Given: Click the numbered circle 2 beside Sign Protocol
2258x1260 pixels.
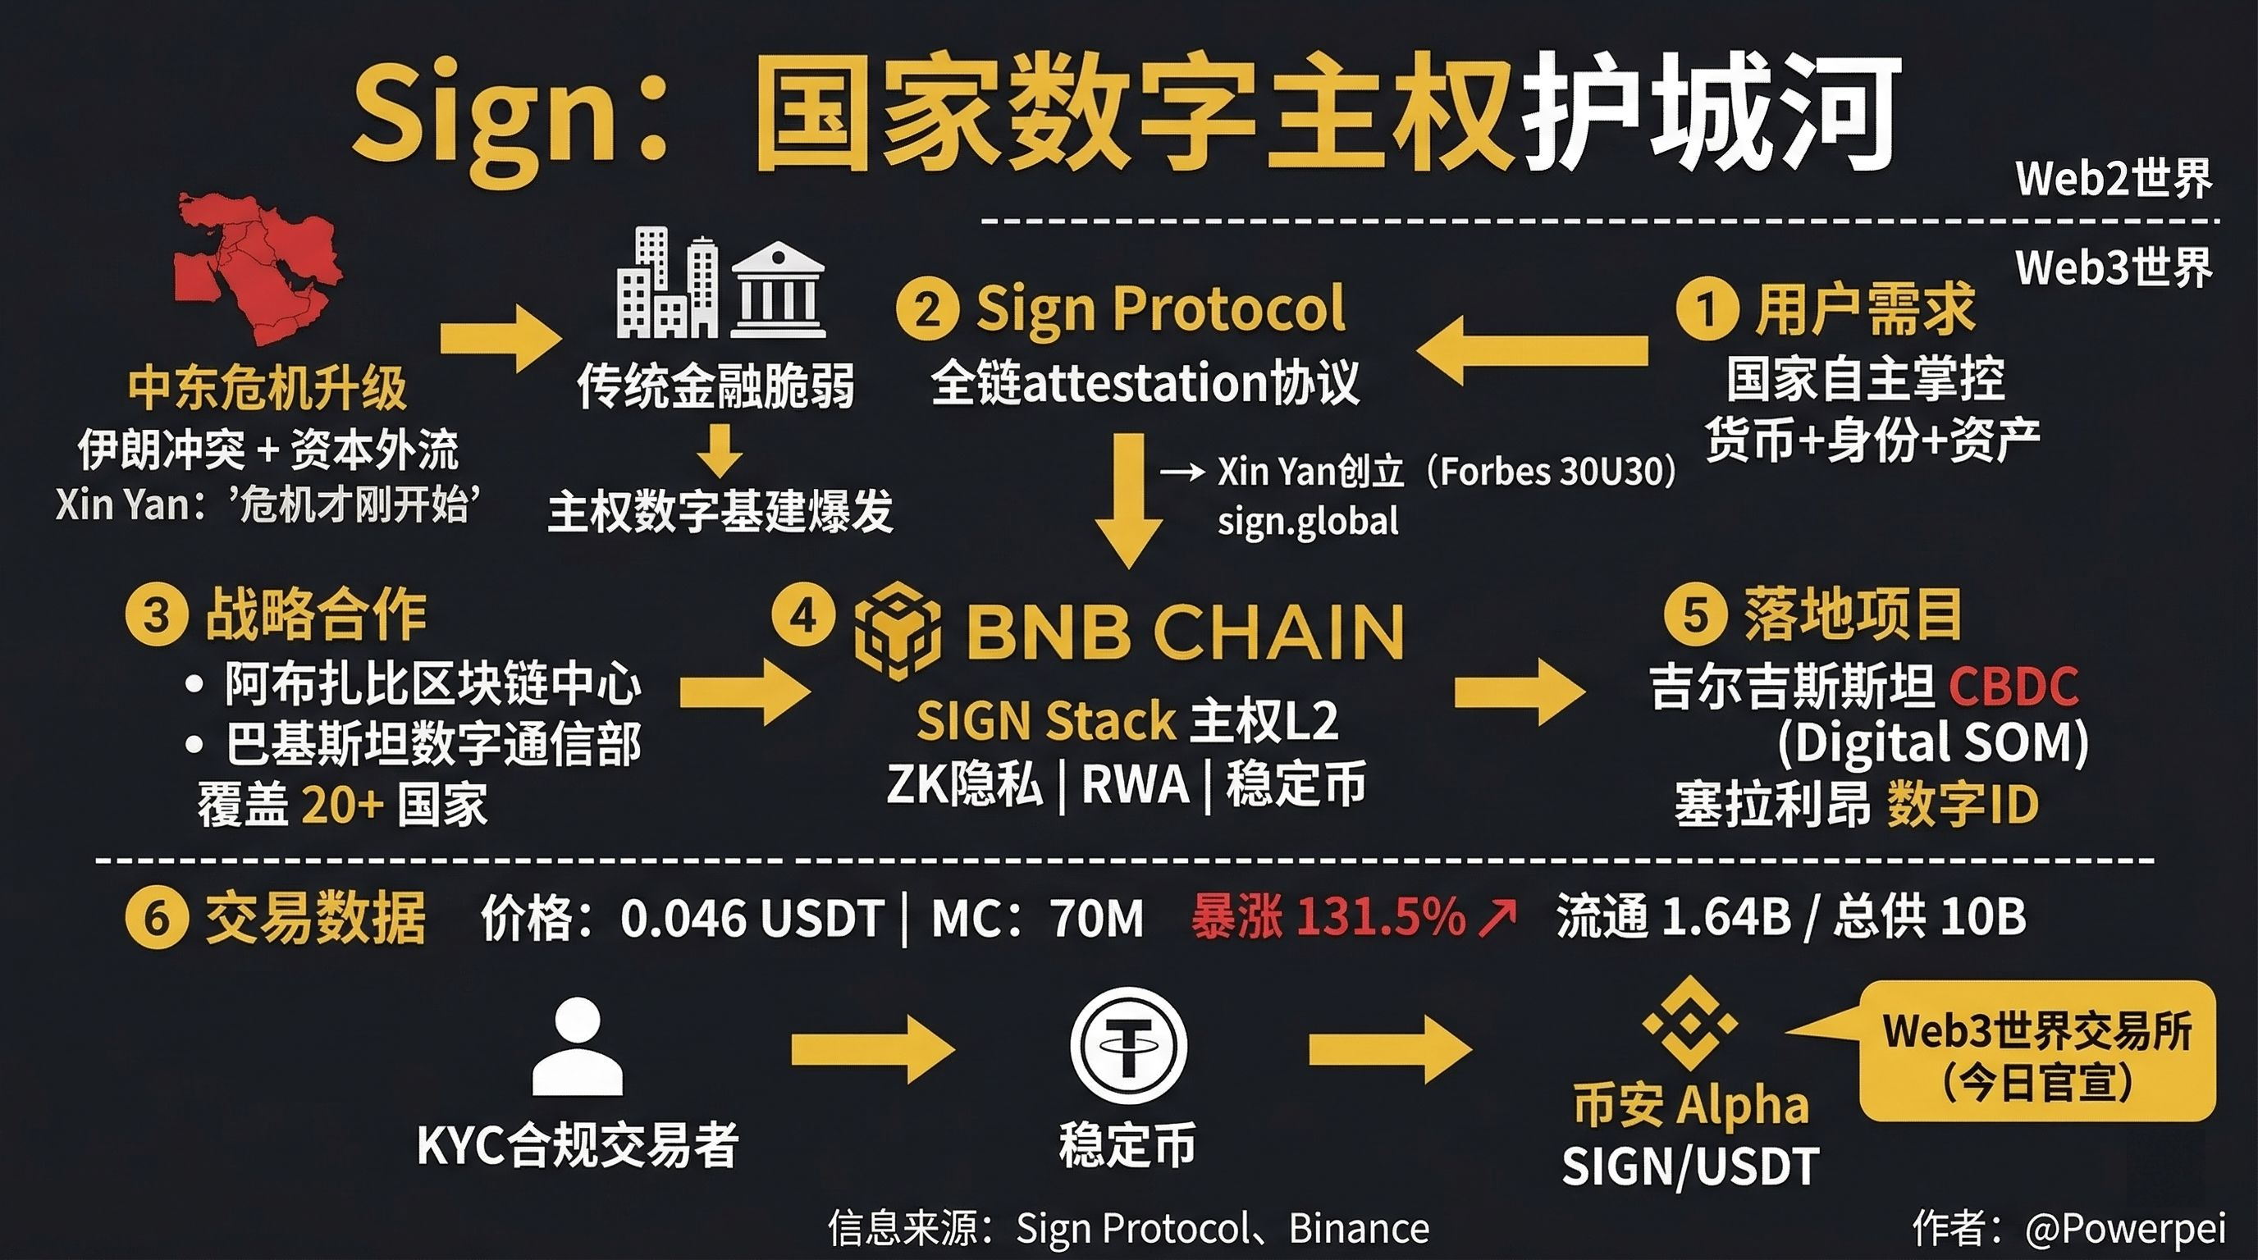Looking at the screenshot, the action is (926, 308).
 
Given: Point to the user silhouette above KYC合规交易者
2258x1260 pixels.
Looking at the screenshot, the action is (578, 1048).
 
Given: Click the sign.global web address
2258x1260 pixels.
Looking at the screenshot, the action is (1308, 523).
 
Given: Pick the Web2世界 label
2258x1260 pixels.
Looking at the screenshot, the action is (2114, 179).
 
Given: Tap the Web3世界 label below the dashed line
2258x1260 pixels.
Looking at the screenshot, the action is (2114, 267).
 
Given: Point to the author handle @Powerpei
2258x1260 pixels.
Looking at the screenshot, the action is (2125, 1229).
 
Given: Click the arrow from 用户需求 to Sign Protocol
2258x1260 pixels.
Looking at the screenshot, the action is (1531, 349).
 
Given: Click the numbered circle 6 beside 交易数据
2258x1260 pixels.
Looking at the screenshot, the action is (156, 918).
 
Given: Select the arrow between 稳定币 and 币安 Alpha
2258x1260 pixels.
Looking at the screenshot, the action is (1390, 1049).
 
